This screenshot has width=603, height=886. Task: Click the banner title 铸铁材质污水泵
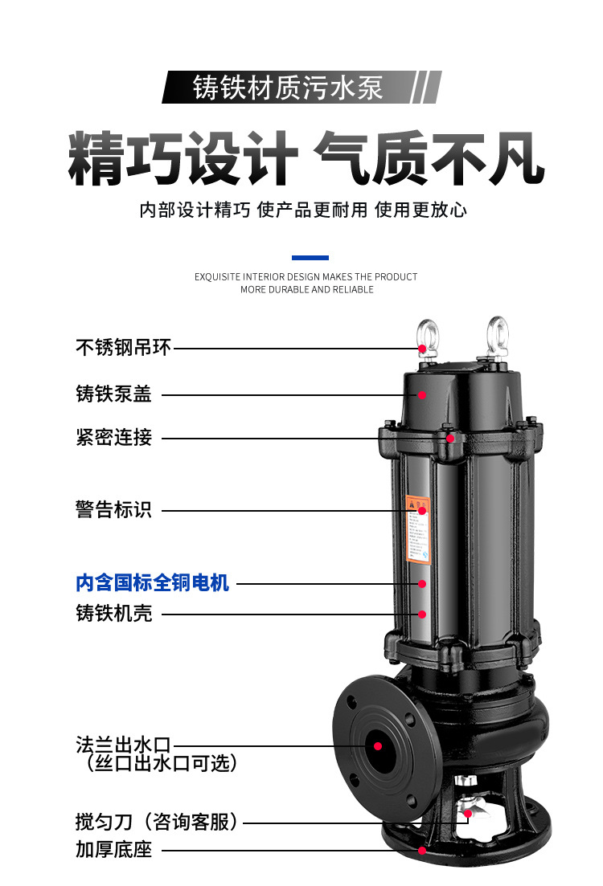[x=287, y=88]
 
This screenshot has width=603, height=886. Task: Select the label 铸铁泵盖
[x=113, y=394]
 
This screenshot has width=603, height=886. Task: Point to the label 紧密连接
[x=113, y=438]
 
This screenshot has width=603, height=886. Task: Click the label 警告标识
[x=113, y=510]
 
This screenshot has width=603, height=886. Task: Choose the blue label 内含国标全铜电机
[x=153, y=582]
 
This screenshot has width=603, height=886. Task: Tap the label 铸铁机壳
[x=113, y=614]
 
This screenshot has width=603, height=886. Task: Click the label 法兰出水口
[x=124, y=745]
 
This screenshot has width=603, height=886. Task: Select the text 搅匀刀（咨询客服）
[x=158, y=822]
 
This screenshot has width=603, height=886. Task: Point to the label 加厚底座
[x=113, y=849]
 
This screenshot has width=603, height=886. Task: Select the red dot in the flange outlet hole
[x=377, y=745]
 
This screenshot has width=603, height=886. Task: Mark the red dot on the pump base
[x=421, y=849]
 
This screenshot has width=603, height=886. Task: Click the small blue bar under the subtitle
[x=310, y=258]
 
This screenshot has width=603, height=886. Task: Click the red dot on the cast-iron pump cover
[x=422, y=394]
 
